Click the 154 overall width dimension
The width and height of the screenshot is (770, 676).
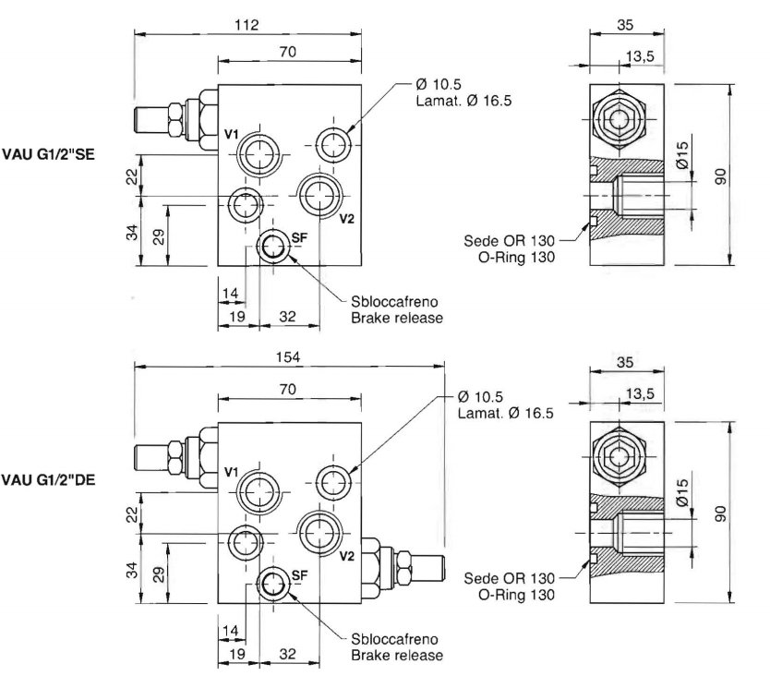[x=289, y=356]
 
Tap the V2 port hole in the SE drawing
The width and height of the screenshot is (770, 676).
[x=319, y=194]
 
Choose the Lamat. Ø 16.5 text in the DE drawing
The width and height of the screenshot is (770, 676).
[x=505, y=413]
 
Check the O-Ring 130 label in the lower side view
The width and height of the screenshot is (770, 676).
[x=518, y=595]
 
